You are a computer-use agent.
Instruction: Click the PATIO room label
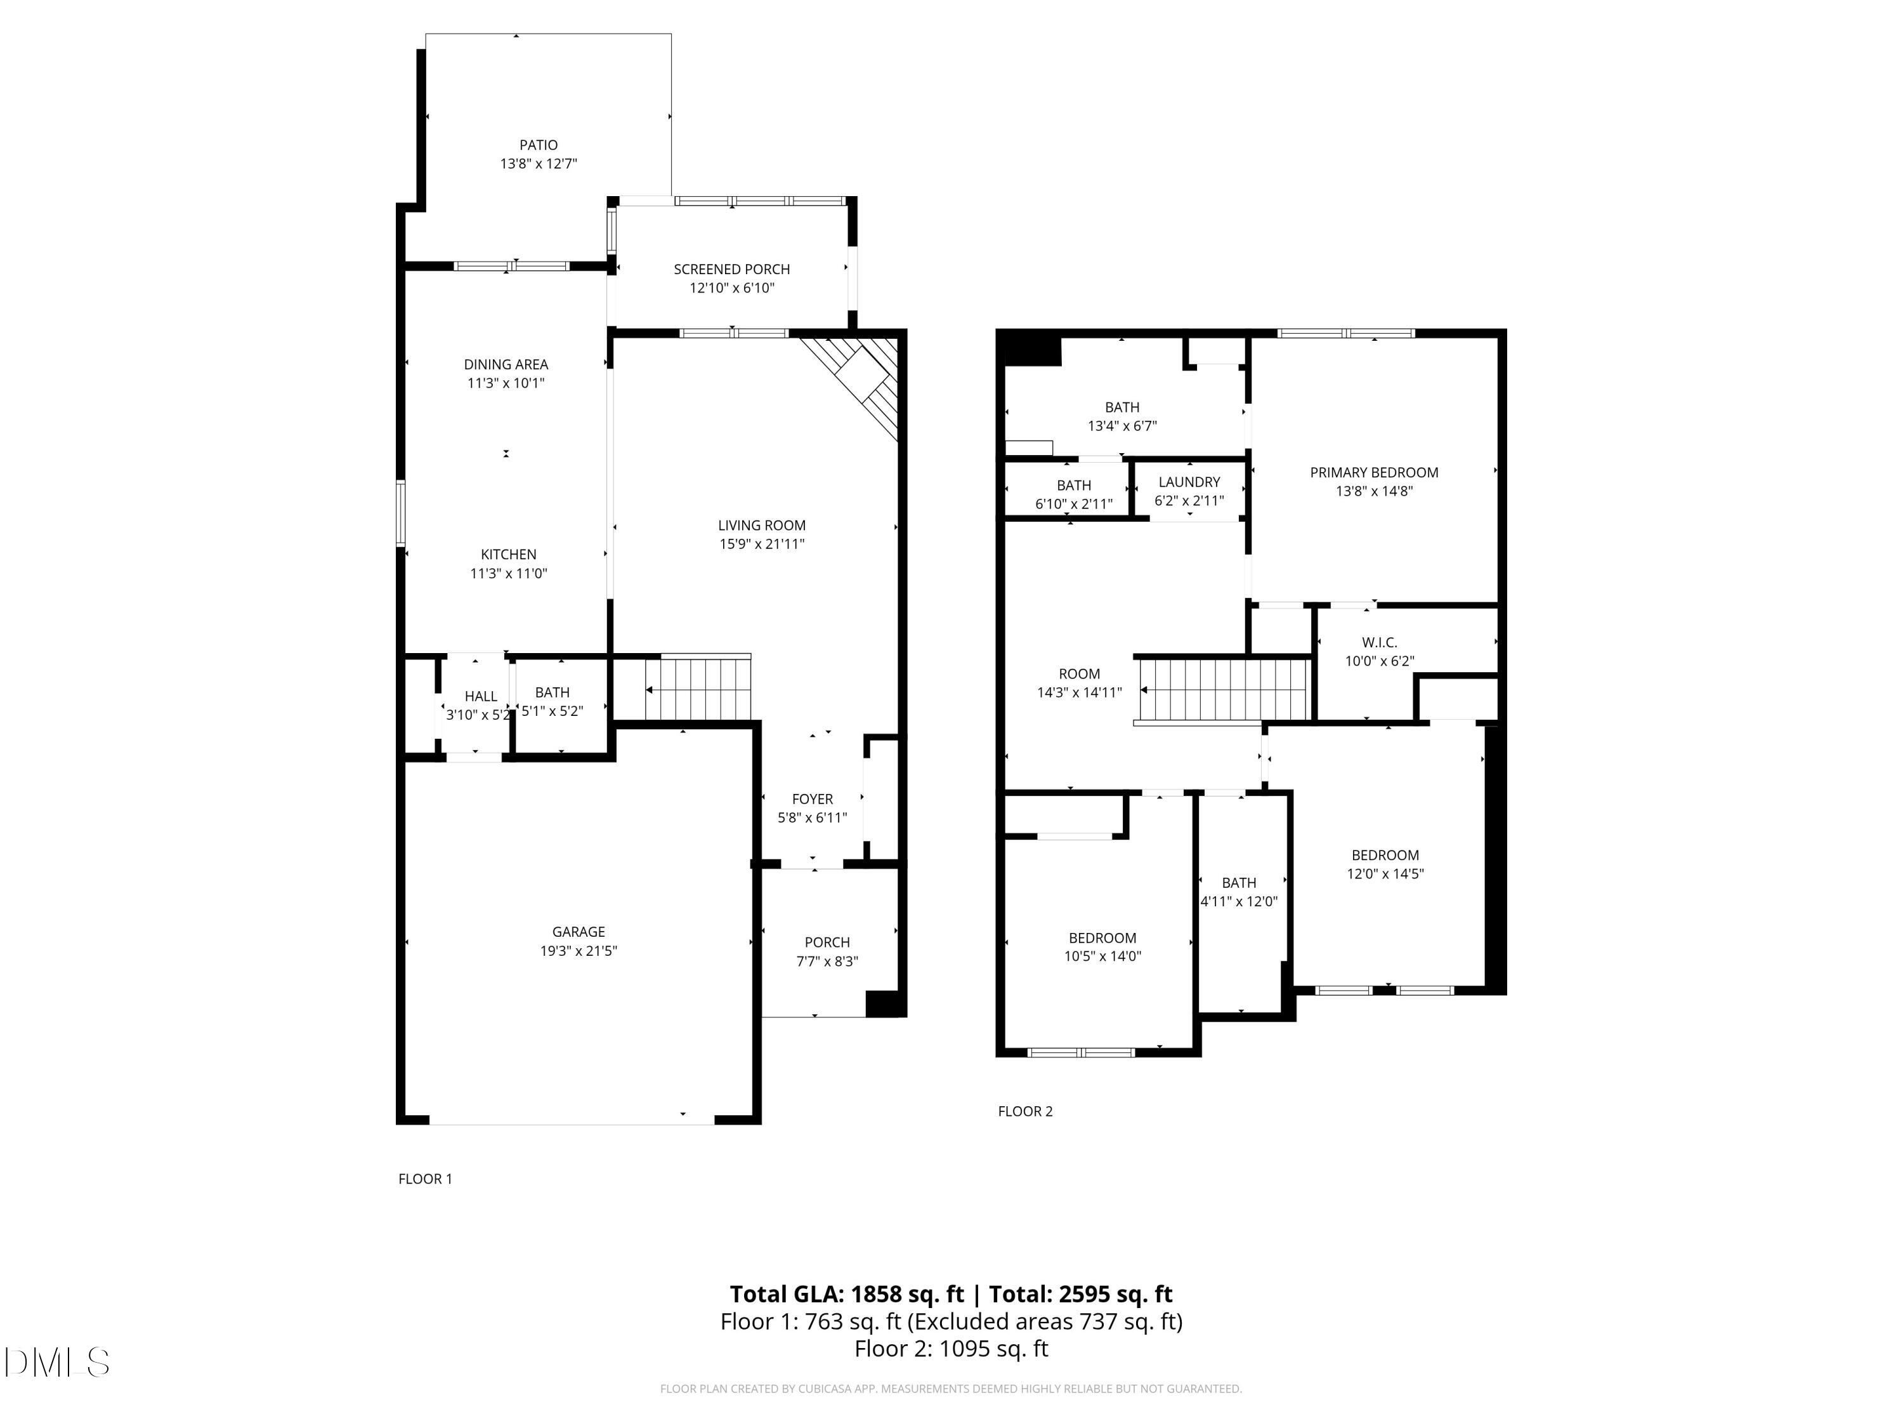539,145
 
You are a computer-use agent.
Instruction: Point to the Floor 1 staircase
698,689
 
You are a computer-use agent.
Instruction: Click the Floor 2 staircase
1224,689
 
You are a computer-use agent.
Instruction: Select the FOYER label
812,800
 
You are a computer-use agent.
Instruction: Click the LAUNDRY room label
1189,482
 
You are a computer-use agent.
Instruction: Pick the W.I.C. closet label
1379,643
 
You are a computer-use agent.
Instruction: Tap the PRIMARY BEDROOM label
1374,473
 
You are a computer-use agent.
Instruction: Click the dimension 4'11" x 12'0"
1239,902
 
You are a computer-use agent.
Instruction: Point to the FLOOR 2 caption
1024,1111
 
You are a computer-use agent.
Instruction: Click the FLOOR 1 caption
425,1179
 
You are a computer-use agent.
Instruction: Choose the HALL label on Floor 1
481,696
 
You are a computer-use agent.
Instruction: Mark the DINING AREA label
506,365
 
